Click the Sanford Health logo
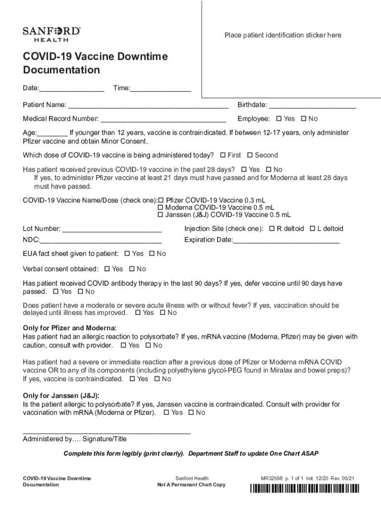51,34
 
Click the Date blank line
72,89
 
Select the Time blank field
160,89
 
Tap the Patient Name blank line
148,105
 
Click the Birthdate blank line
312,105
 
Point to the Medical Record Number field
163,119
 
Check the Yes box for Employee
279,119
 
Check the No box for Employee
304,119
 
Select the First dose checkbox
222,155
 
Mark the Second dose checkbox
250,155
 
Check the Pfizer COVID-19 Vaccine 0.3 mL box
160,201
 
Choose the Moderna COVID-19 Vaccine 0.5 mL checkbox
160,208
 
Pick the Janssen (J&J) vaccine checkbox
160,215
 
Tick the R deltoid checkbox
272,229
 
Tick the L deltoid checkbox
312,229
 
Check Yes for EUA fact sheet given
127,253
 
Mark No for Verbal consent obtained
132,269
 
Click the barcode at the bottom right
304,489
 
